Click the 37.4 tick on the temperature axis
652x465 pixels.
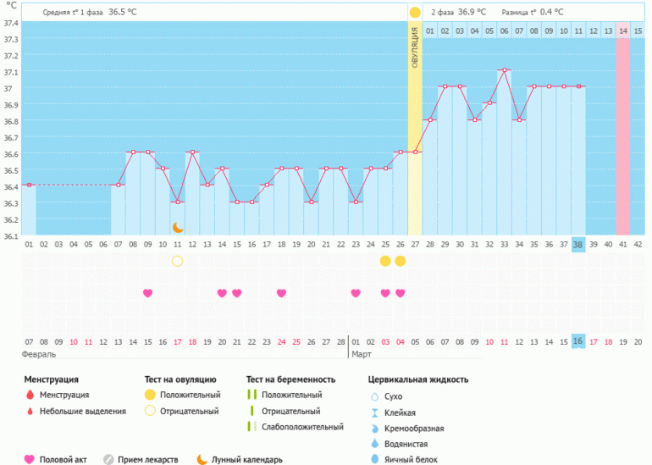(x=10, y=22)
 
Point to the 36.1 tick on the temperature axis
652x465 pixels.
(x=10, y=236)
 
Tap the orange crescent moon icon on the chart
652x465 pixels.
(x=178, y=227)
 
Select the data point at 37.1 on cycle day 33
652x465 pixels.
(x=504, y=70)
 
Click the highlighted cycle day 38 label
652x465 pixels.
(x=578, y=245)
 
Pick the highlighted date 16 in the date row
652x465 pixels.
(x=578, y=341)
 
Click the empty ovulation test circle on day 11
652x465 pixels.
(x=178, y=261)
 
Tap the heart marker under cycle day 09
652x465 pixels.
(x=148, y=293)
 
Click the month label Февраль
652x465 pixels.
(x=39, y=353)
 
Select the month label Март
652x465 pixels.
(x=362, y=353)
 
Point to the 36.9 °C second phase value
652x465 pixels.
(x=472, y=12)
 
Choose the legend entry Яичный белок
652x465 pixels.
(x=408, y=459)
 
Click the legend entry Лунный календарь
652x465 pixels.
(x=246, y=459)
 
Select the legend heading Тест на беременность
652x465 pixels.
(x=290, y=379)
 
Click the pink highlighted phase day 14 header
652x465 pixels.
(x=622, y=31)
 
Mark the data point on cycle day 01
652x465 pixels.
(x=29, y=185)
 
